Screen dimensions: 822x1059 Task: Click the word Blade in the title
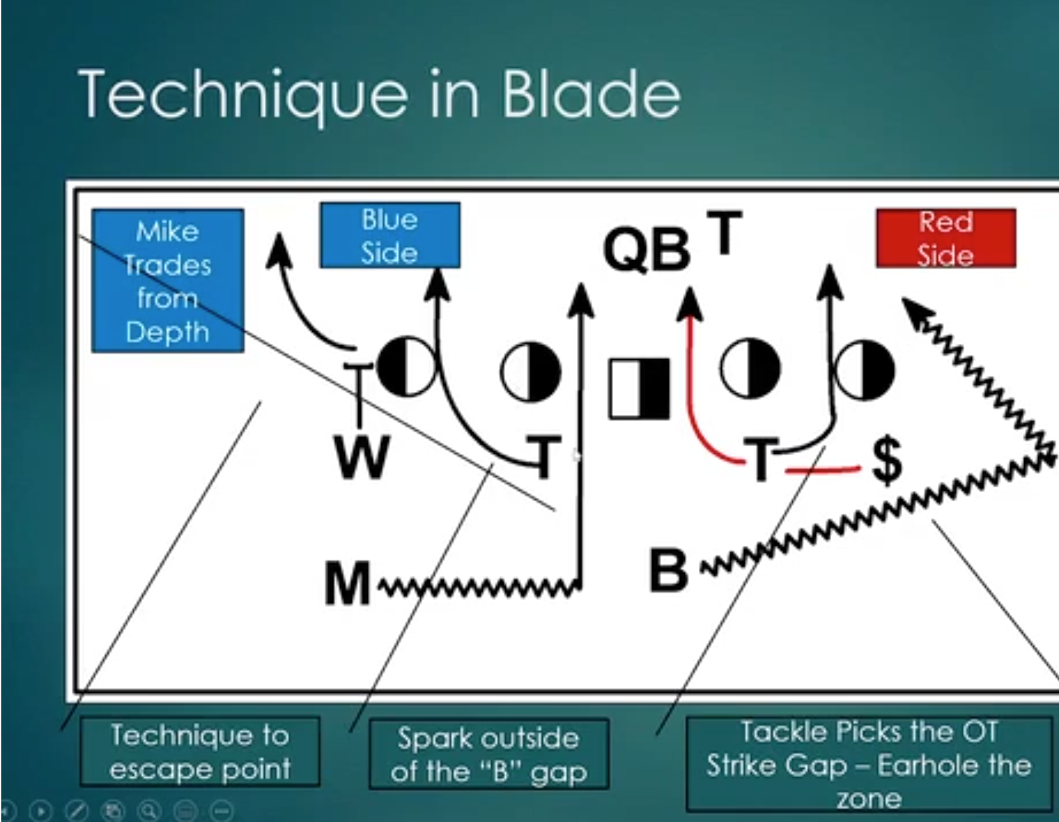[x=590, y=94]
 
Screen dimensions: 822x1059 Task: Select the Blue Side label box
[x=389, y=236]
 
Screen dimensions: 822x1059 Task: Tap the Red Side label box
[x=945, y=238]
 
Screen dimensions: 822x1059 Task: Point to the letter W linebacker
[x=362, y=457]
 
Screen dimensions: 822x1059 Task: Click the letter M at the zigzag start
[x=348, y=584]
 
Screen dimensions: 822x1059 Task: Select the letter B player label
[x=668, y=570]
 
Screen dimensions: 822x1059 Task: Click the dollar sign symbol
[x=886, y=460]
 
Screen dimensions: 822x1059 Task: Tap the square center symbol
[x=639, y=389]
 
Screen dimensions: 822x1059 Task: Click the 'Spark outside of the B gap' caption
[x=488, y=754]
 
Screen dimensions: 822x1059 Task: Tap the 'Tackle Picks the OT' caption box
[x=868, y=764]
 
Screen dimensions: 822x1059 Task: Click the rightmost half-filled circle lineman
[x=865, y=370]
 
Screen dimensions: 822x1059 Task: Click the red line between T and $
[x=823, y=470]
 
